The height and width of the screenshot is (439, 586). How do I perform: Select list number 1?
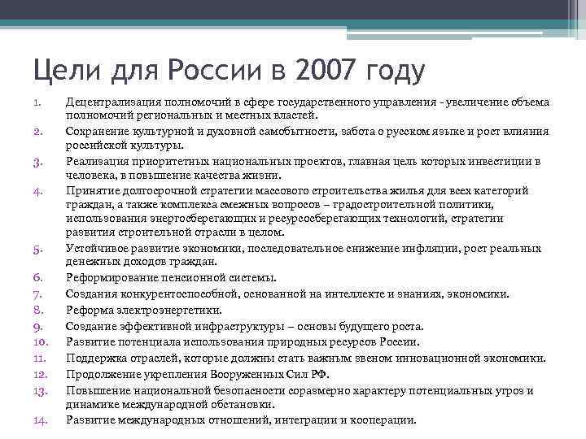coord(37,103)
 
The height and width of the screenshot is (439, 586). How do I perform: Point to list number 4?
coord(37,191)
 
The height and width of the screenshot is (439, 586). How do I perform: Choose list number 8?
coord(37,309)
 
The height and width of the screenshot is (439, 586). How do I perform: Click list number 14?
coord(41,420)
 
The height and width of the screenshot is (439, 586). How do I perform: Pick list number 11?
coord(41,358)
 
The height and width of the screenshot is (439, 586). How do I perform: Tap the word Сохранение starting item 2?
coord(98,132)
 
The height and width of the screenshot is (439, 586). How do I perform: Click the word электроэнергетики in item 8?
coord(162,310)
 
